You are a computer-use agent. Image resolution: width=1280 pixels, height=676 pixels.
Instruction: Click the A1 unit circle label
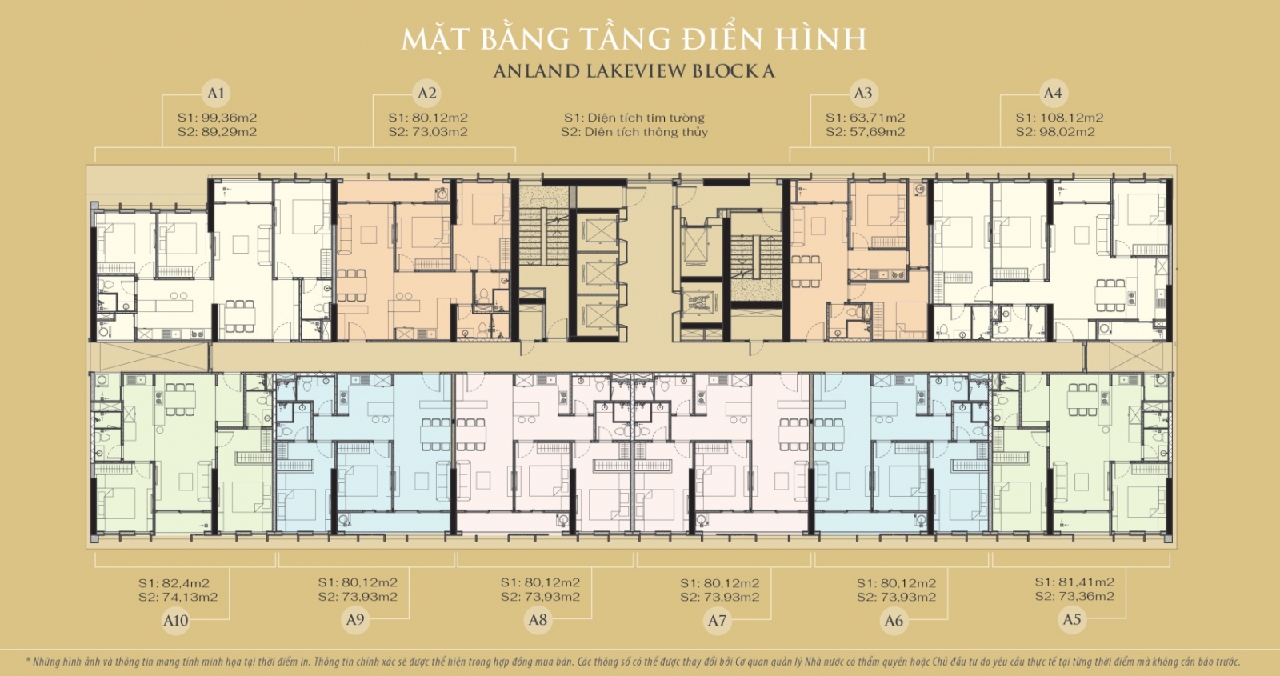(216, 93)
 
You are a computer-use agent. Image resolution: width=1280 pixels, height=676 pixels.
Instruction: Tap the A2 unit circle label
(427, 93)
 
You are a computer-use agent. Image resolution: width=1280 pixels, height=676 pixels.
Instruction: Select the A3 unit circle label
(862, 93)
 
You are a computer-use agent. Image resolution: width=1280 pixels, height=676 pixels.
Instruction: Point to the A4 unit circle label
(1053, 93)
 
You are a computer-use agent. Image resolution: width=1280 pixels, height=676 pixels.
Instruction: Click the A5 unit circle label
(1072, 619)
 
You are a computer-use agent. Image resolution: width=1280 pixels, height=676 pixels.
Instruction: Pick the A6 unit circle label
(894, 620)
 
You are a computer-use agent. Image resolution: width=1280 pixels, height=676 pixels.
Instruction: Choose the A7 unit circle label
(717, 620)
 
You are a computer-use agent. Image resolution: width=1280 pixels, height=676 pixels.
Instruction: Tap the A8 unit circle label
(538, 619)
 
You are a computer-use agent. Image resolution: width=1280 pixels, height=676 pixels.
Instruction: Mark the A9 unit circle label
(355, 619)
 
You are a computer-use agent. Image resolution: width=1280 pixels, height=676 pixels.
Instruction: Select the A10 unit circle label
(175, 620)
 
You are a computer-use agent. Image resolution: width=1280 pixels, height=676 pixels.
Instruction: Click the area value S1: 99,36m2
(217, 118)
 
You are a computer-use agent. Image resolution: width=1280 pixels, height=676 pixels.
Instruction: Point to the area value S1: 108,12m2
(1059, 118)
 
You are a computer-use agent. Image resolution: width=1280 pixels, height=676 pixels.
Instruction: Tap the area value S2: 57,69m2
(865, 132)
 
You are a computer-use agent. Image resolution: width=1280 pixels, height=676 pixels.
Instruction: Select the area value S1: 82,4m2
(174, 583)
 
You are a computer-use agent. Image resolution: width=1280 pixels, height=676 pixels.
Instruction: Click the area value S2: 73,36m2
(1074, 597)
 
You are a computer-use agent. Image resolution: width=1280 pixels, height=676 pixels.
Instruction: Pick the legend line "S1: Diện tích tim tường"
(634, 118)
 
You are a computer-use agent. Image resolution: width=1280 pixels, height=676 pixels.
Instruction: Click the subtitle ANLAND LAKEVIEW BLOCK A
(634, 71)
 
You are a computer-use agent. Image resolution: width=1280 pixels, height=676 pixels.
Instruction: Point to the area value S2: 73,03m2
(428, 132)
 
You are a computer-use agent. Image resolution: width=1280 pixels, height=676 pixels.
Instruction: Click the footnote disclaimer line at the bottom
(633, 662)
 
